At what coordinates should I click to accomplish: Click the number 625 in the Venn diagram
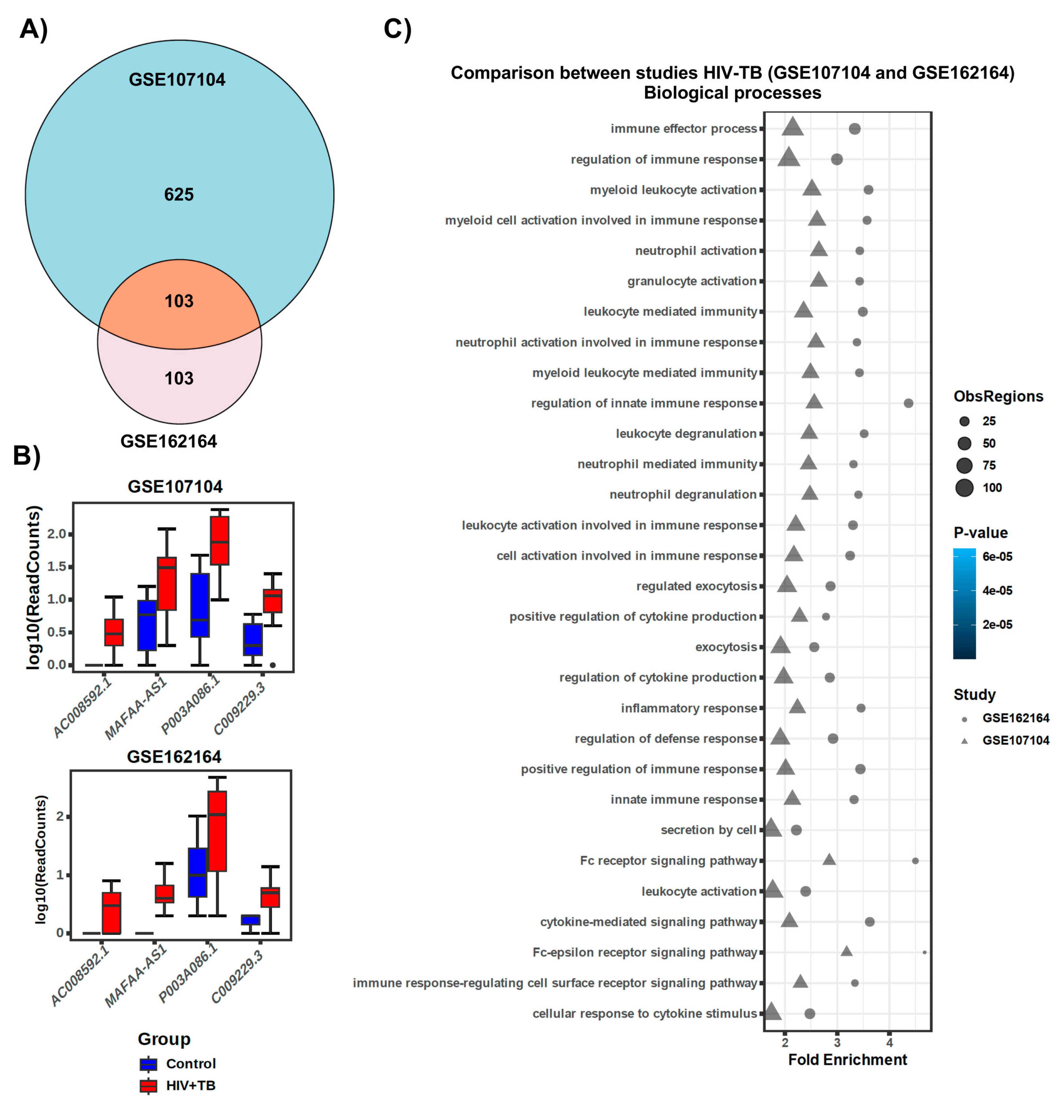179,194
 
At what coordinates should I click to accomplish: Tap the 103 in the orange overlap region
179,301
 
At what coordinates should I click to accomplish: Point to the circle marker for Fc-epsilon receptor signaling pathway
925,953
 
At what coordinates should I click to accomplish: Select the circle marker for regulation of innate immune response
908,403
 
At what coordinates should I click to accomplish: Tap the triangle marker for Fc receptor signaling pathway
829,860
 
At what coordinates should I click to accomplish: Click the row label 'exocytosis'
726,647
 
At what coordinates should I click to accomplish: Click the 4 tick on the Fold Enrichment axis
890,1043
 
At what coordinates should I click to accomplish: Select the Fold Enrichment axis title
847,1060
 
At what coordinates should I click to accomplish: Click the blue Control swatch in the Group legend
148,1064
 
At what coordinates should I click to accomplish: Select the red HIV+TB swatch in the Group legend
148,1086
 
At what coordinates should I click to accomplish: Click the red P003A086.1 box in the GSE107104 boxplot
219,540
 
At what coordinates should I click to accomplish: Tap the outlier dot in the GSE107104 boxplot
273,665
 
